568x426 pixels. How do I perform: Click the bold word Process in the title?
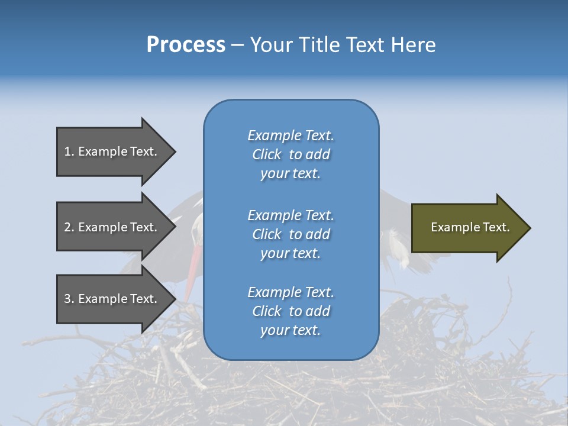tap(186, 45)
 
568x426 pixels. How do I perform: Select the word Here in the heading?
tap(412, 45)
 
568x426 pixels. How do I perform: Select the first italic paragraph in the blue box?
tap(291, 154)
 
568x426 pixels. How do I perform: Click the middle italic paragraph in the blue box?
tap(291, 234)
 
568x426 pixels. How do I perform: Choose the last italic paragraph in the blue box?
tap(291, 311)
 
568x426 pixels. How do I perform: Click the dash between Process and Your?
tap(238, 45)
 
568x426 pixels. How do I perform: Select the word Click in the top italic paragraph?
tap(266, 154)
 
